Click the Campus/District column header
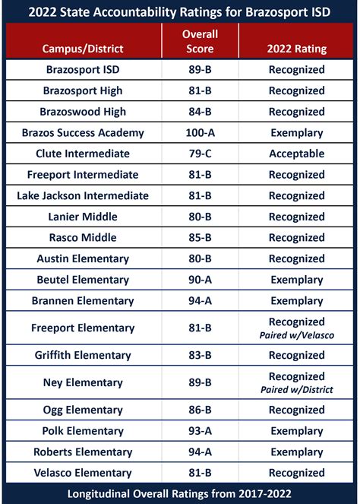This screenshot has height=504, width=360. [x=83, y=49]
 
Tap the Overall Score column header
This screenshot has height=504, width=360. [x=201, y=41]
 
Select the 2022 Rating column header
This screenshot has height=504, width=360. [x=297, y=49]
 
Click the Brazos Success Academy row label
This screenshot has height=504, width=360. [x=83, y=132]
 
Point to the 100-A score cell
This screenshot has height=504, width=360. [x=201, y=132]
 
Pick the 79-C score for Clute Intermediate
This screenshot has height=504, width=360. [x=201, y=154]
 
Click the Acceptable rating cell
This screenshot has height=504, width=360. [x=297, y=154]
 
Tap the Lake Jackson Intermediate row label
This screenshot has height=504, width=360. [x=83, y=195]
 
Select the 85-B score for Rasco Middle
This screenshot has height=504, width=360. [x=201, y=237]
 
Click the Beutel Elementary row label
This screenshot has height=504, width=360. [x=83, y=280]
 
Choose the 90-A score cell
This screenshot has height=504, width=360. [x=201, y=280]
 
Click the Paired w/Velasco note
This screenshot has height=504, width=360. [x=297, y=335]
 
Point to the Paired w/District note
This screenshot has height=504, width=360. [x=297, y=390]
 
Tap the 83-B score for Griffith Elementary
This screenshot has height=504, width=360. [x=201, y=355]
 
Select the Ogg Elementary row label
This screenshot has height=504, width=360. [x=83, y=410]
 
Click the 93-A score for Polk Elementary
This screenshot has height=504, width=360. [x=201, y=431]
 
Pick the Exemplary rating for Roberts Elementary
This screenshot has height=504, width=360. [x=297, y=452]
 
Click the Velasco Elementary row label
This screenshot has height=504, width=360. [x=83, y=473]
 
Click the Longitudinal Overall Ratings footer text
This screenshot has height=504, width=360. [x=180, y=494]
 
